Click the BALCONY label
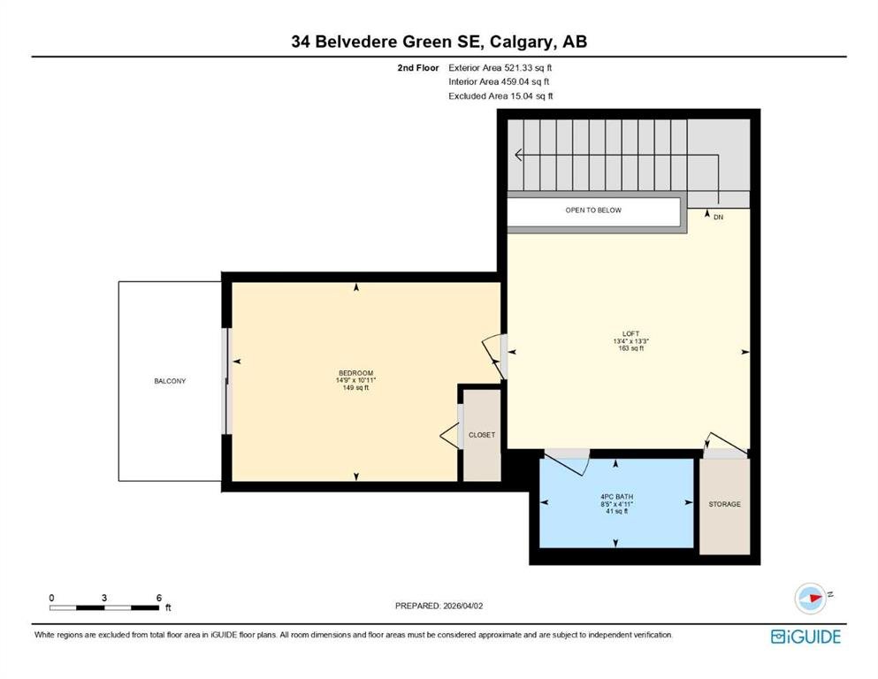(x=170, y=381)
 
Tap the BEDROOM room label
(x=355, y=373)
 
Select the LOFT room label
(x=630, y=333)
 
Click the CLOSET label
(x=482, y=435)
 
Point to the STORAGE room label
(x=724, y=504)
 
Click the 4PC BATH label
(x=616, y=497)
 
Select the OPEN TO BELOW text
(x=593, y=210)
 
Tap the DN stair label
(x=719, y=217)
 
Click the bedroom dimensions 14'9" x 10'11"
(x=355, y=381)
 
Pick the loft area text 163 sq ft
(x=631, y=348)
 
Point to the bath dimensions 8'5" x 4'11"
(x=616, y=504)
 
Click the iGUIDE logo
(x=805, y=637)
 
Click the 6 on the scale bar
(x=159, y=598)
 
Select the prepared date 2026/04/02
(x=462, y=606)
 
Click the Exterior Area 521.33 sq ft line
(x=500, y=68)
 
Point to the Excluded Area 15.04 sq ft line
(x=500, y=96)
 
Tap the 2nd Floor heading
(x=417, y=68)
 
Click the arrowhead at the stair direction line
(x=518, y=155)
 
